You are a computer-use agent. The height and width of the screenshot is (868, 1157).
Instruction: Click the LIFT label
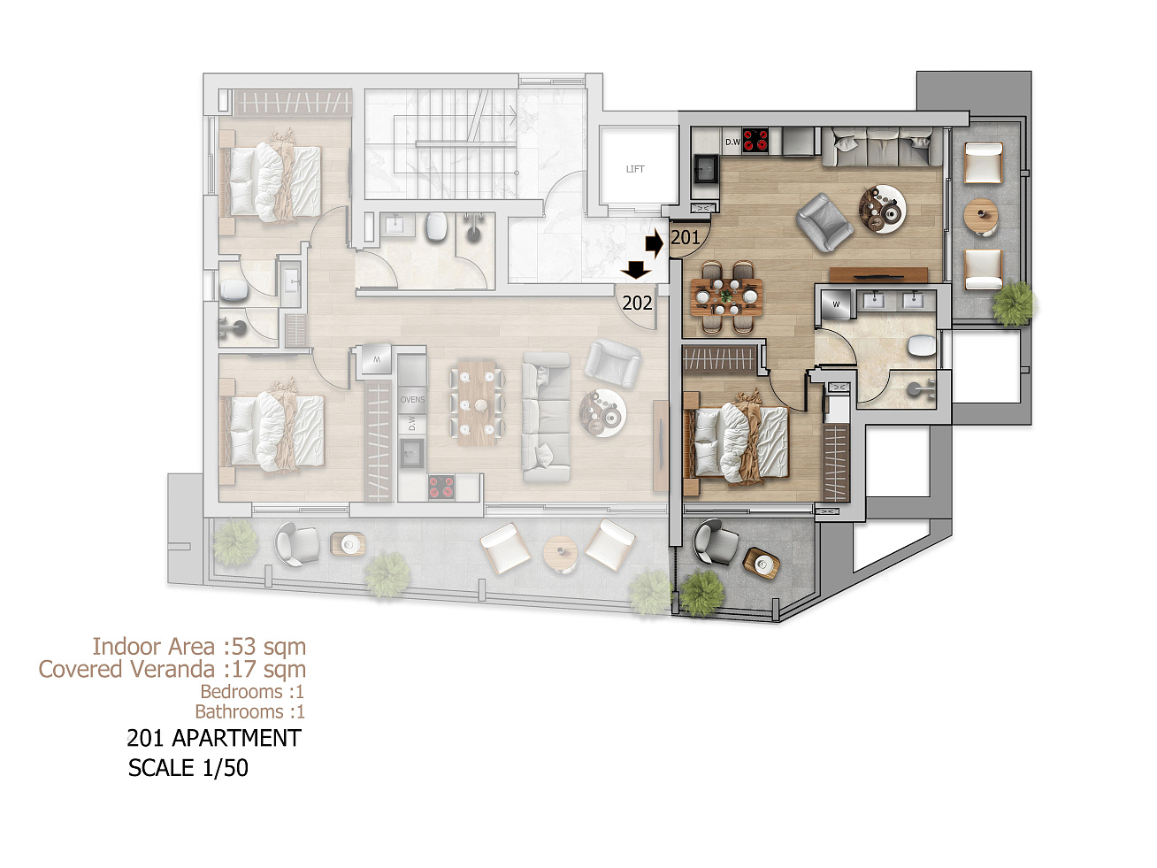[634, 169]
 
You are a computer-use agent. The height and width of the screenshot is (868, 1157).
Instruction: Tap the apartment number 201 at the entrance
[686, 238]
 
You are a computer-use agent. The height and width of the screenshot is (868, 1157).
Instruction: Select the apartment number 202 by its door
[637, 303]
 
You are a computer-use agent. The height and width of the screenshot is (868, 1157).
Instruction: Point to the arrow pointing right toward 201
[655, 243]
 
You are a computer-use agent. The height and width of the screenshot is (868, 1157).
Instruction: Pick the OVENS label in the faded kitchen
[412, 399]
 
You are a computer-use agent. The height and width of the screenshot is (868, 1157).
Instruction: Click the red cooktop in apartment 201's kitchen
[755, 141]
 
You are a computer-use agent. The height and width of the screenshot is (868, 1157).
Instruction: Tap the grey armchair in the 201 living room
[824, 222]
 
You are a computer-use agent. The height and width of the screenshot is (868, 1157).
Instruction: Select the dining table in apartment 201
[727, 297]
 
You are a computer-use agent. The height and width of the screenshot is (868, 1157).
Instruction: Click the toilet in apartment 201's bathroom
[922, 346]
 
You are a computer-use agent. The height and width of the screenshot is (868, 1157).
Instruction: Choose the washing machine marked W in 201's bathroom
[836, 304]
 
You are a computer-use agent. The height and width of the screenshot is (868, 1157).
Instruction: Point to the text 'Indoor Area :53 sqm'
[199, 647]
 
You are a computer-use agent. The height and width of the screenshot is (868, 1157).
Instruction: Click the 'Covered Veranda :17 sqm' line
[172, 669]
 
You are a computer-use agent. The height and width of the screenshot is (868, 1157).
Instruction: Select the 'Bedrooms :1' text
[252, 691]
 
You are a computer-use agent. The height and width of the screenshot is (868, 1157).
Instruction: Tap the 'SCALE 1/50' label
[188, 768]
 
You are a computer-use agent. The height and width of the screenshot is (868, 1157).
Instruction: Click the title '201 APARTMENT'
[214, 738]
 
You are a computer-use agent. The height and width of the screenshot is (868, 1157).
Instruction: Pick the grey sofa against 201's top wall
[881, 147]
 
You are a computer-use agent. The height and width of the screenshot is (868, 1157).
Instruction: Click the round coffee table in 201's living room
[883, 209]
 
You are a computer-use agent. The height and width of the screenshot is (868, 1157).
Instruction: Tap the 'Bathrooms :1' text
[249, 711]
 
